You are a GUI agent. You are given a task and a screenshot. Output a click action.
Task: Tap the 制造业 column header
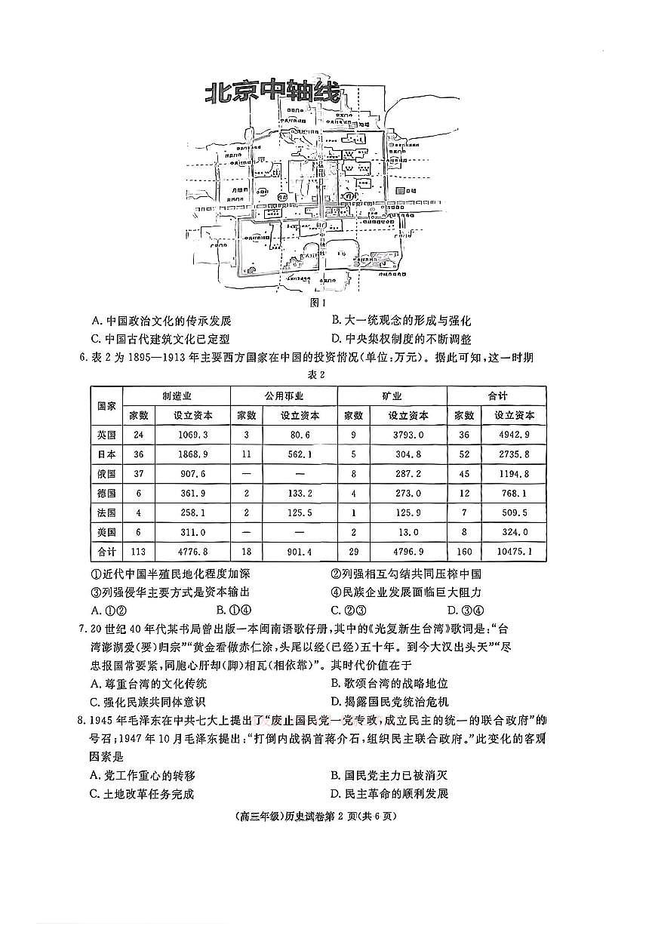point(177,395)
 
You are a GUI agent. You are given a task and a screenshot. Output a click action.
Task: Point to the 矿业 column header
point(392,395)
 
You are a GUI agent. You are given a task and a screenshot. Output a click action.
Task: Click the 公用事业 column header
point(284,395)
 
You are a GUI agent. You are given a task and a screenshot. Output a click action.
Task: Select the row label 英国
point(106,435)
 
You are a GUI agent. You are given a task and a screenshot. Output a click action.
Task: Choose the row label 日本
point(106,454)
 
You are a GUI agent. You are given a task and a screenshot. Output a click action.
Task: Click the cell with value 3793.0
point(409,435)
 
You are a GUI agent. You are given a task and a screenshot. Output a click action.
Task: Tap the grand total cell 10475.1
point(516,552)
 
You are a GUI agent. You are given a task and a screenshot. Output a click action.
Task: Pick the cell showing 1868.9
point(193,454)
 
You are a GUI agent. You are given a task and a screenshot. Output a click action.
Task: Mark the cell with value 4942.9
point(515,435)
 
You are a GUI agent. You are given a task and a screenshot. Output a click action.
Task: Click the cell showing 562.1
point(300,454)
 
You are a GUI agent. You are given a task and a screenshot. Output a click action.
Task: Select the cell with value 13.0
point(409,532)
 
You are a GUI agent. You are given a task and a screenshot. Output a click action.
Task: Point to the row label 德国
point(106,493)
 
